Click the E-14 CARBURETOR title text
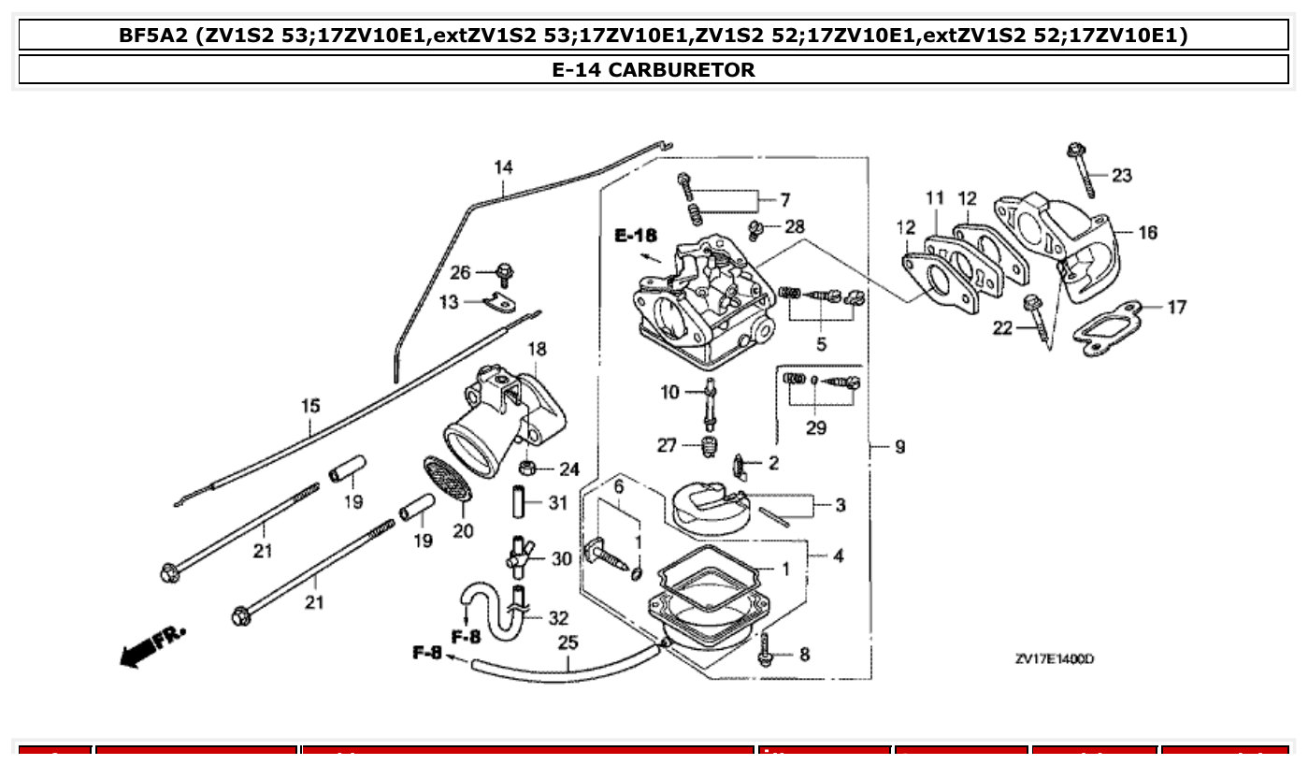[x=654, y=69]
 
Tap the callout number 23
[x=1121, y=175]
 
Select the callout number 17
[x=1176, y=306]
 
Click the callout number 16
[x=1146, y=232]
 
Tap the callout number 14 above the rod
[x=503, y=167]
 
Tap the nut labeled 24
[x=528, y=467]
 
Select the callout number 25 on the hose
[x=568, y=642]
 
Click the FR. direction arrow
[x=152, y=644]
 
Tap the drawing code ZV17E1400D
[x=1055, y=658]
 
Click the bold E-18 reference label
[x=636, y=237]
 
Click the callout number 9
[x=899, y=447]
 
